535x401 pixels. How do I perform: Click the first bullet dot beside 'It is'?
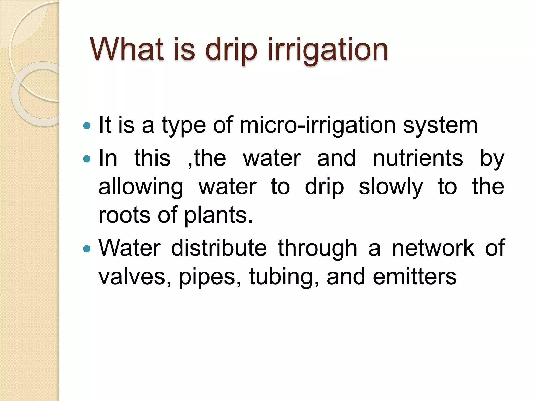click(86, 126)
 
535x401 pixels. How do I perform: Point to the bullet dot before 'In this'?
click(86, 159)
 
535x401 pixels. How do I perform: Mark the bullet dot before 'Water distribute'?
click(86, 249)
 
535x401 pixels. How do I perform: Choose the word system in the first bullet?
click(440, 126)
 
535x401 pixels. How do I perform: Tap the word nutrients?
click(418, 158)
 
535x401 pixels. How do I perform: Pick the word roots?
click(124, 215)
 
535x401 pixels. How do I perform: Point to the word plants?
click(218, 215)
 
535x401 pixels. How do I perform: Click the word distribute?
click(219, 248)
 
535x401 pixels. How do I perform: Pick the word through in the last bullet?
click(317, 248)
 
